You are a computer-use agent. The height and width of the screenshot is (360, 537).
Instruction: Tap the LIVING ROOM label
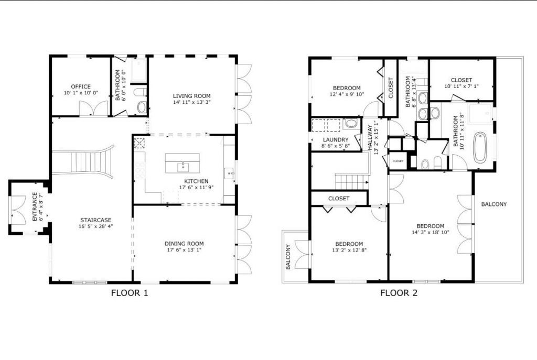(192, 96)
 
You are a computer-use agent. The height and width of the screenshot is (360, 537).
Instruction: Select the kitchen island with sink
(182, 163)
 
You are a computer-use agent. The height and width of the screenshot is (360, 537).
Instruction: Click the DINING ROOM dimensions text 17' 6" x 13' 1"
(184, 250)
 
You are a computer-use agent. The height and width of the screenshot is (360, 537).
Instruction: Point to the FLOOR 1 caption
(130, 293)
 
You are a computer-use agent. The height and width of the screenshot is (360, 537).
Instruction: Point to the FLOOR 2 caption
(399, 293)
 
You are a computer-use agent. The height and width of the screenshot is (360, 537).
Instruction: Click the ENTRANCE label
(35, 206)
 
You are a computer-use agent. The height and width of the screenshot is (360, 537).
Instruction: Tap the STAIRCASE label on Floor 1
(95, 220)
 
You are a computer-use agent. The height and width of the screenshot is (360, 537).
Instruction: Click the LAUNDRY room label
(336, 140)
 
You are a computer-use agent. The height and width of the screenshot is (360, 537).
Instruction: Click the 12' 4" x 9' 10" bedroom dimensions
(346, 94)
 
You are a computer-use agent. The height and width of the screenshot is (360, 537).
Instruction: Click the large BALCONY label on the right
(494, 204)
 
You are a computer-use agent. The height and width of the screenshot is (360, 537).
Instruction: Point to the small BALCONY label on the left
(288, 257)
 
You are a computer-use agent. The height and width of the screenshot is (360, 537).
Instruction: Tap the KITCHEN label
(196, 181)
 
